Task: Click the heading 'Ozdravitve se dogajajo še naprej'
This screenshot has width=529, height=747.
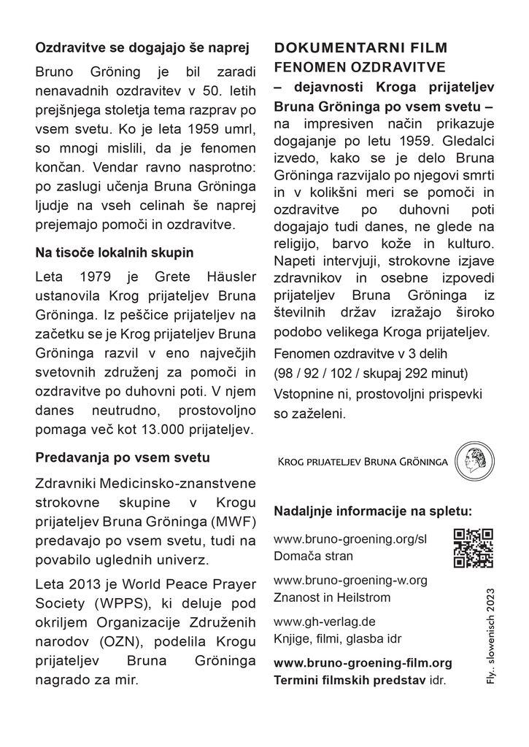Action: point(143,50)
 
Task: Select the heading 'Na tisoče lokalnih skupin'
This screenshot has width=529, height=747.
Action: point(115,254)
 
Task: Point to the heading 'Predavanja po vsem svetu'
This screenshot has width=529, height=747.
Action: point(123,458)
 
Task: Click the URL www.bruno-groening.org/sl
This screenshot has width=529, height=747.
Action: point(349,540)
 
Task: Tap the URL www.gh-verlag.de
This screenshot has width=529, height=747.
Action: point(324,622)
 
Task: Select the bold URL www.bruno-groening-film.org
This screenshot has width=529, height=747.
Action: point(363,663)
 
